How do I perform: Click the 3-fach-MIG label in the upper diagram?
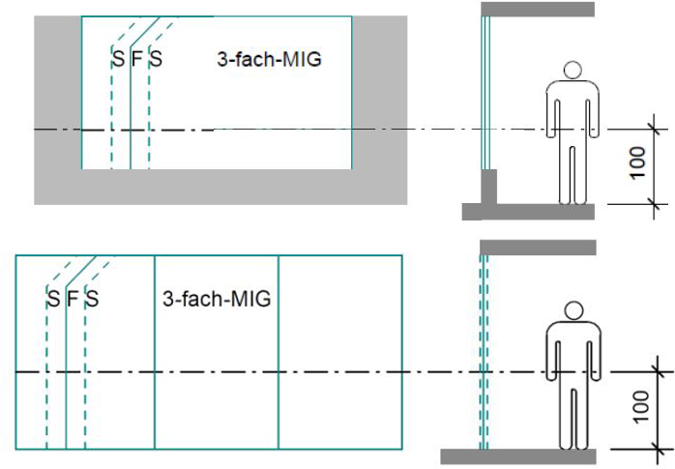click(268, 59)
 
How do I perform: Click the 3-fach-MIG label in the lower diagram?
click(216, 298)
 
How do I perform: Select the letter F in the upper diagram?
click(136, 59)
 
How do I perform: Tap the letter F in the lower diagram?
click(72, 298)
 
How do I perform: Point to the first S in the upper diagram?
click(117, 59)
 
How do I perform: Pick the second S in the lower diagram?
click(92, 298)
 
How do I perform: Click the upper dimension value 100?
click(636, 165)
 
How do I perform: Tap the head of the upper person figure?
click(572, 71)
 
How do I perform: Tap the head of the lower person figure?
click(574, 311)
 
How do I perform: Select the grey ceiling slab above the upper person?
click(538, 9)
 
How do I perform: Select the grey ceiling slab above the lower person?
click(538, 248)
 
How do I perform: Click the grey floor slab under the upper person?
click(528, 212)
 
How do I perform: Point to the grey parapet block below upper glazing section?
click(489, 187)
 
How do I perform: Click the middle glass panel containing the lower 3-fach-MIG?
click(216, 387)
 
